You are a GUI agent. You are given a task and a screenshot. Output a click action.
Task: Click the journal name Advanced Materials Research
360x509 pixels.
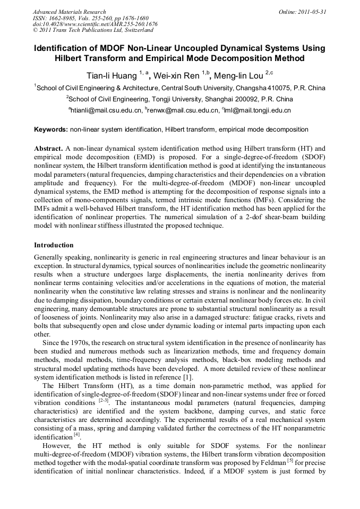pyautogui.click(x=69, y=12)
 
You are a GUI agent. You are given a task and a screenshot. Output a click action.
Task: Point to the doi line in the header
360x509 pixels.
pyautogui.click(x=95, y=24)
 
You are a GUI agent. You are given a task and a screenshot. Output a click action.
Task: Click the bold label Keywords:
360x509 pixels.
pyautogui.click(x=51, y=130)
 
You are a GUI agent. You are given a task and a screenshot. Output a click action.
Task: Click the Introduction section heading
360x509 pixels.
pyautogui.click(x=54, y=245)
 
